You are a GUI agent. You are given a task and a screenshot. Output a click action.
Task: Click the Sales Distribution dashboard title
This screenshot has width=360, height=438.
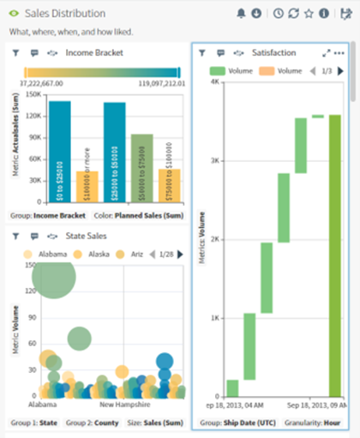tap(65, 14)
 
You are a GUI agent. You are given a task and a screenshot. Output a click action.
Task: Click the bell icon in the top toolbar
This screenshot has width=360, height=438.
tap(241, 14)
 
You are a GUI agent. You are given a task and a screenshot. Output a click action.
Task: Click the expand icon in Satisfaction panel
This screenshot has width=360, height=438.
tap(326, 53)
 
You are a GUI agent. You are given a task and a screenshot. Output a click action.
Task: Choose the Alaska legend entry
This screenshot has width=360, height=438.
tap(92, 254)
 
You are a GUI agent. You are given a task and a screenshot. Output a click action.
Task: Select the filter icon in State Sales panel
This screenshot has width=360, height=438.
tap(15, 236)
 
